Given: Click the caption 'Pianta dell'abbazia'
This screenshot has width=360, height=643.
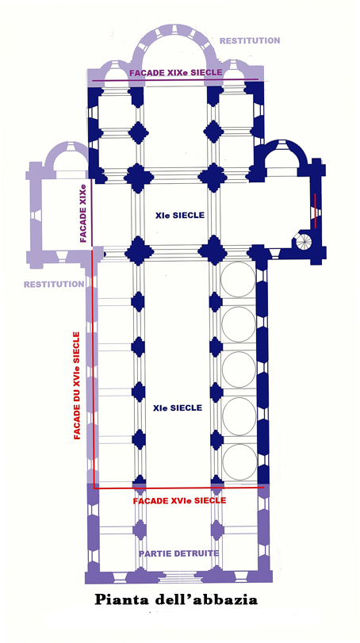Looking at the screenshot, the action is tap(176, 600).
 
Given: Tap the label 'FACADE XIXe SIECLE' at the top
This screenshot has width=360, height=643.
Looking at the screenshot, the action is tap(176, 73).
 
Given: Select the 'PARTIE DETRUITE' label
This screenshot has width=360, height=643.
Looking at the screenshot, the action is tap(178, 553).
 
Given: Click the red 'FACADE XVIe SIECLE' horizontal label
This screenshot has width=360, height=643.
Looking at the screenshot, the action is tap(179, 501).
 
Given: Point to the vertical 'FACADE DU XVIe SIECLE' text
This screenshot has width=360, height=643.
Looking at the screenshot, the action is tap(77, 385).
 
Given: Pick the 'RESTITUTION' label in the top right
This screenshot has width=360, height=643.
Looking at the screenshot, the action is tap(250, 40).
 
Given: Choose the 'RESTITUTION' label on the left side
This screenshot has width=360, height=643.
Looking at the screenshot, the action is tap(54, 284).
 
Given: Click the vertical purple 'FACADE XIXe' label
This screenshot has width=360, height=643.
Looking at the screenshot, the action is tap(83, 213).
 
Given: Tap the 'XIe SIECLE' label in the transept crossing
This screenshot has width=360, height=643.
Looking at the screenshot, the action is tap(179, 215).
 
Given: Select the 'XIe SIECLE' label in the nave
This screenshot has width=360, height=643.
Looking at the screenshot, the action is tap(178, 408).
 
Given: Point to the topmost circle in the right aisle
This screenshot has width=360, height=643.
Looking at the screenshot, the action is tap(238, 280).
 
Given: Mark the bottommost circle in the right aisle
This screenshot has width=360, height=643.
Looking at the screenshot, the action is tap(238, 461).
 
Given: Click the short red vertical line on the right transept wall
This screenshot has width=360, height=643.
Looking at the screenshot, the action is tap(315, 210).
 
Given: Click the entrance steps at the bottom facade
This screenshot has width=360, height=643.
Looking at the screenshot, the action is tap(177, 578).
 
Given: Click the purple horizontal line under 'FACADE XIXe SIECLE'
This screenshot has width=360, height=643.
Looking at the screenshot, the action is tap(175, 80).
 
